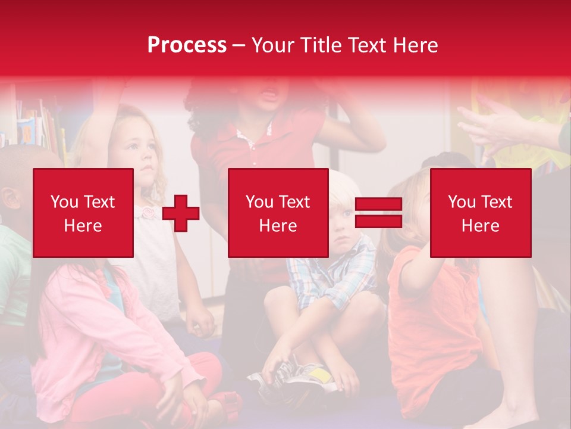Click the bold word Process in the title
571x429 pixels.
[187, 45]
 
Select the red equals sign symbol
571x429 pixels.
[378, 213]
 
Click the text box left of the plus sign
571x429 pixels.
[83, 213]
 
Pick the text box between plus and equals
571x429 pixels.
[278, 213]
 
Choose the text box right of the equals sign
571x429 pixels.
[480, 213]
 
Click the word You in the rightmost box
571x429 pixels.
[462, 202]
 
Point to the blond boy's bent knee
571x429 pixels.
[285, 298]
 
